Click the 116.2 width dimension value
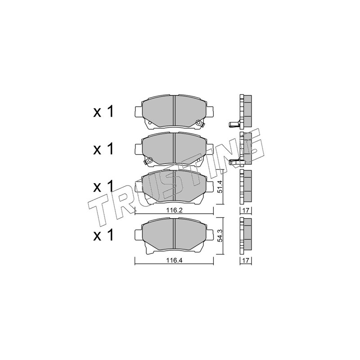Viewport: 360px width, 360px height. [174, 210]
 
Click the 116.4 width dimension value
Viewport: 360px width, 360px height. [174, 261]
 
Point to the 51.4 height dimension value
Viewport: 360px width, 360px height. [220, 187]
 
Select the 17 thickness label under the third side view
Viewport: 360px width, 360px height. [246, 210]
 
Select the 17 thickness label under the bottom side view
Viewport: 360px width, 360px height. [246, 261]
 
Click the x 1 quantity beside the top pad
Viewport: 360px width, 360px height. [103, 112]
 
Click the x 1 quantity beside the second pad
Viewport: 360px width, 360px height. [103, 149]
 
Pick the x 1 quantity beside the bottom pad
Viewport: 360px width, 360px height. [103, 235]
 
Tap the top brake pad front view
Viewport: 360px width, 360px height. [174, 112]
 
